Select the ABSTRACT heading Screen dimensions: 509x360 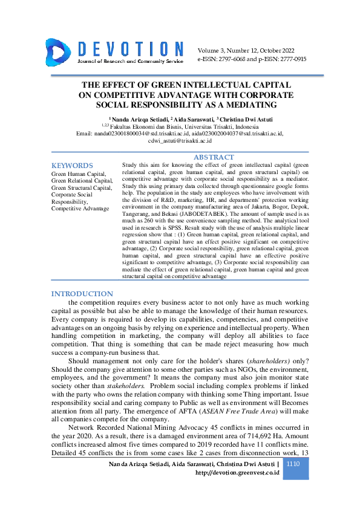click(x=213, y=157)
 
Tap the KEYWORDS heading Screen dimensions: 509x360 click(x=72, y=165)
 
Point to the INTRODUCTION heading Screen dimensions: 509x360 click(x=82, y=294)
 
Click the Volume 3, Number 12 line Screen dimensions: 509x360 click(x=244, y=51)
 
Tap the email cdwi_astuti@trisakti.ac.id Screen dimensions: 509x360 click(x=180, y=141)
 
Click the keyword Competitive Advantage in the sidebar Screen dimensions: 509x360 click(x=80, y=209)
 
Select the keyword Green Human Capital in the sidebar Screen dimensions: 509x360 click(x=77, y=173)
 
